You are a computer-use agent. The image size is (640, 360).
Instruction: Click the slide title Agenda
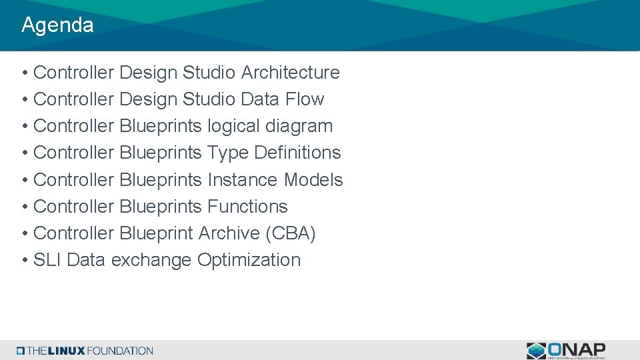point(57,25)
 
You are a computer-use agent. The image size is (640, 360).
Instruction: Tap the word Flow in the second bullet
point(305,99)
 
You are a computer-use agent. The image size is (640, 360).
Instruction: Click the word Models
point(313,180)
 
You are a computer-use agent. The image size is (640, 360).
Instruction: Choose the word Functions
point(247,207)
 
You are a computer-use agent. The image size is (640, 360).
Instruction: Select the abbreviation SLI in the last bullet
point(47,260)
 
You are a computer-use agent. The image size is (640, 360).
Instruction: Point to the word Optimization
point(249,260)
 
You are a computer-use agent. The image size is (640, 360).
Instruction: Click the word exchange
point(151,260)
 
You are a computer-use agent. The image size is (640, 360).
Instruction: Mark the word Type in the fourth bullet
point(227,153)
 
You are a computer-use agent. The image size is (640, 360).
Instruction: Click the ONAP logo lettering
point(577,349)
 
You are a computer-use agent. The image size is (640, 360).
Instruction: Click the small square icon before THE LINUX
point(21,351)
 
